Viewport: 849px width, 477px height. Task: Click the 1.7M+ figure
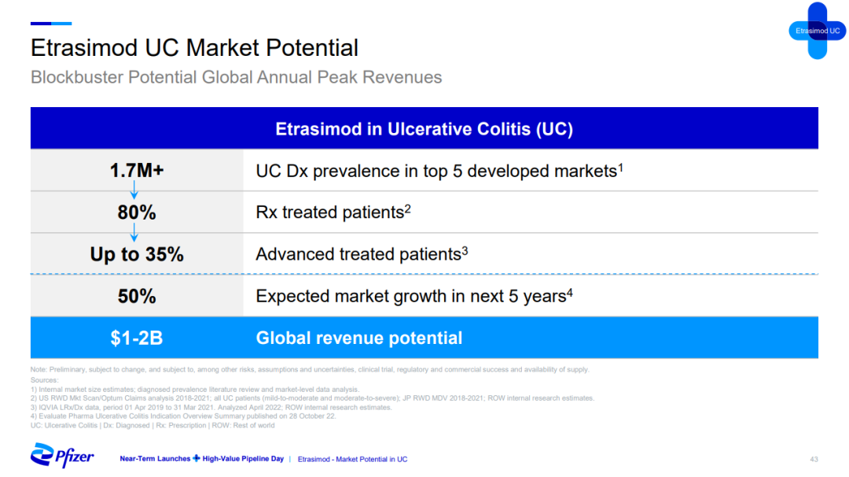click(x=137, y=171)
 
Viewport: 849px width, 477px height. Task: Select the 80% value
click(x=137, y=213)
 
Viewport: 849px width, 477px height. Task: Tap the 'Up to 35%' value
click(x=137, y=254)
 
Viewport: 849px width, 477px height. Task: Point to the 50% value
click(x=137, y=297)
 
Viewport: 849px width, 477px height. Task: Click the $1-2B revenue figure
click(x=137, y=338)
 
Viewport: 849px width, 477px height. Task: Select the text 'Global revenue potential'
click(x=359, y=338)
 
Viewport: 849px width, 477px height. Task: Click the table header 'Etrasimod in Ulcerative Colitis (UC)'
click(x=424, y=129)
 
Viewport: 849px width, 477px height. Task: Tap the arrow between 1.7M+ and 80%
click(x=134, y=190)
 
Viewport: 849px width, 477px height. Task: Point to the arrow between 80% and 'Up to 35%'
click(x=134, y=232)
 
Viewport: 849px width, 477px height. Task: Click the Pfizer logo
click(x=62, y=456)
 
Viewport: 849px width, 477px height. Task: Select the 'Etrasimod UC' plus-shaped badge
click(x=817, y=31)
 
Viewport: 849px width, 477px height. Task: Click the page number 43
click(x=814, y=459)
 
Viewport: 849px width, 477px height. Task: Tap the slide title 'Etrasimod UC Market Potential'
click(x=194, y=48)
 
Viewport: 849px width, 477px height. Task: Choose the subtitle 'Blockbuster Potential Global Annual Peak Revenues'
click(x=236, y=77)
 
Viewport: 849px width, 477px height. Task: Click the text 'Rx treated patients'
click(x=329, y=213)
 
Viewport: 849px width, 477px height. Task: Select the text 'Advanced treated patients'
click(x=358, y=254)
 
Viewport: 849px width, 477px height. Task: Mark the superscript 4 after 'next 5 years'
click(x=570, y=293)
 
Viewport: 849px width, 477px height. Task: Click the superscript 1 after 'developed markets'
click(x=620, y=168)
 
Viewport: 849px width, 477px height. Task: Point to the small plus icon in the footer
click(x=197, y=459)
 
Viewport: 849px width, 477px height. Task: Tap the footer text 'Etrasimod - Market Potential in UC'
click(x=352, y=459)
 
